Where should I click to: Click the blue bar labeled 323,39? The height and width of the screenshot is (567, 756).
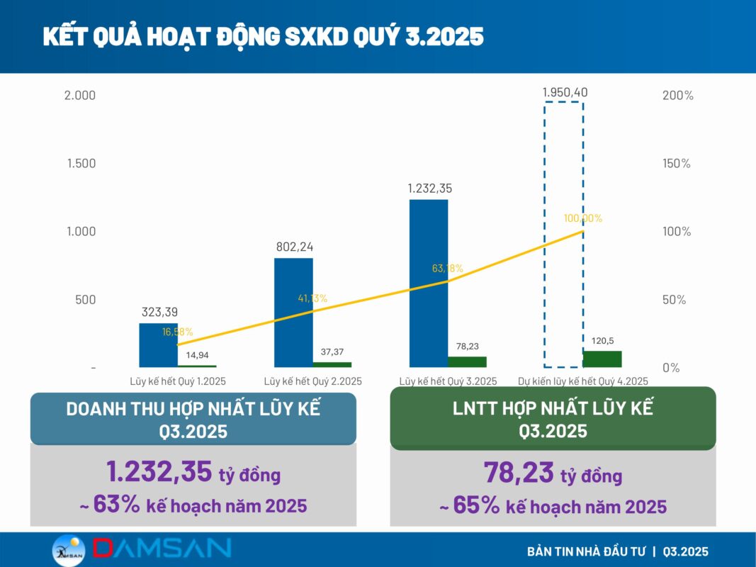[158, 345]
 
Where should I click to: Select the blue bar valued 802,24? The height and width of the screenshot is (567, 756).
[293, 313]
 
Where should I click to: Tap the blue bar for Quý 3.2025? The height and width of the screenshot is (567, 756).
[429, 283]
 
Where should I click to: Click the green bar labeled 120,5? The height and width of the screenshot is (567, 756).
[602, 359]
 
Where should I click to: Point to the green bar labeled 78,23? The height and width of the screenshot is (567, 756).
[467, 361]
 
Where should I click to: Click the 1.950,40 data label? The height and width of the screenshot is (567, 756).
[565, 92]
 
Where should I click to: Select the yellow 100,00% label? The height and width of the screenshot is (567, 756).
[583, 218]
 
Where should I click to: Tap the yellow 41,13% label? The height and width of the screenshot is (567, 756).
[312, 298]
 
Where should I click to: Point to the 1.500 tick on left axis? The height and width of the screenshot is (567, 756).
[81, 163]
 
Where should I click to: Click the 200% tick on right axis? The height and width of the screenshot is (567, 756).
[677, 96]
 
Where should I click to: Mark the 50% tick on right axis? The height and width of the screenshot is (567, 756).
[674, 300]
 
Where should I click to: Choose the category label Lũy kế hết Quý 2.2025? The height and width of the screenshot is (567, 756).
[313, 381]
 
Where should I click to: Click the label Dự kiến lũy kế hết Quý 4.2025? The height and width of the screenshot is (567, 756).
[583, 381]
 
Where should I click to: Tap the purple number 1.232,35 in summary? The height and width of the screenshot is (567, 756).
[159, 472]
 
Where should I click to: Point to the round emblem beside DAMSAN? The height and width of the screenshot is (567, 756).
[69, 550]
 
